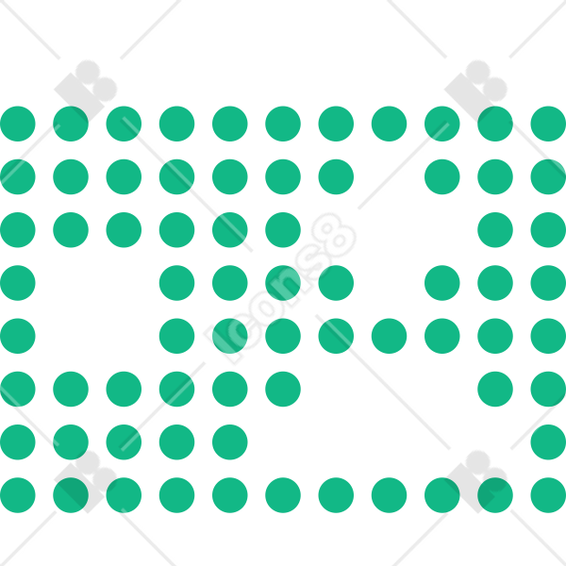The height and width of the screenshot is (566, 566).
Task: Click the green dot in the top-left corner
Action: (18, 124)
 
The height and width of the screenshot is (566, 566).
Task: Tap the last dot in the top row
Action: (548, 124)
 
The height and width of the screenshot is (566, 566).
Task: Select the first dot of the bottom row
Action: (18, 495)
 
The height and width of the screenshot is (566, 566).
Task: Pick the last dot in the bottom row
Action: (548, 495)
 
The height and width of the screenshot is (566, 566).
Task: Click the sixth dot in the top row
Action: (283, 124)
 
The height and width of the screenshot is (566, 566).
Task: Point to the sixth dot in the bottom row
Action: (283, 495)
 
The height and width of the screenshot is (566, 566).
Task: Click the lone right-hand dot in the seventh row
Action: (548, 442)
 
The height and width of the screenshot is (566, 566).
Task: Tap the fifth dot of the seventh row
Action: (230, 442)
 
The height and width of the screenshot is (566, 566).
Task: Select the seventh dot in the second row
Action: (336, 177)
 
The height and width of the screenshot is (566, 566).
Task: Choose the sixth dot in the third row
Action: (283, 230)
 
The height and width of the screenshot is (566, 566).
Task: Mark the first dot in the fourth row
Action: (18, 283)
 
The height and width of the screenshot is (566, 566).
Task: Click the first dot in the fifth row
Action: (18, 336)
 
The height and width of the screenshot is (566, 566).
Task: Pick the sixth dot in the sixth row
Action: (283, 389)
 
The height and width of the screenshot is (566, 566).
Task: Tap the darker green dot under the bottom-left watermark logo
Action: (71, 495)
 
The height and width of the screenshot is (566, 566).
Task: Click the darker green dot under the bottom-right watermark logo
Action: (495, 495)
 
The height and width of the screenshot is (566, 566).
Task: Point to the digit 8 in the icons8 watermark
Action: (334, 235)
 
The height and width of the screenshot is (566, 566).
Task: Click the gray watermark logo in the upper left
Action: (86, 91)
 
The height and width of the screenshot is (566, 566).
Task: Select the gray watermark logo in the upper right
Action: (475, 91)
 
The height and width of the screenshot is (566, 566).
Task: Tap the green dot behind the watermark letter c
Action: (230, 336)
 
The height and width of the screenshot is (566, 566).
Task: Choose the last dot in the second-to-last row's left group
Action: (230, 442)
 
